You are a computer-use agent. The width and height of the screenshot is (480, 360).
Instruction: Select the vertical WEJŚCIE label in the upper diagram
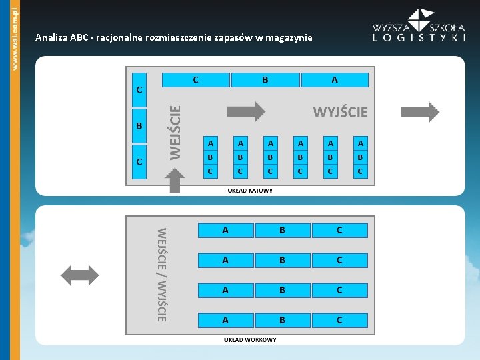tap(175, 133)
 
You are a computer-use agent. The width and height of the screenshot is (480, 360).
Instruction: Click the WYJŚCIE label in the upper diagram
tap(340, 111)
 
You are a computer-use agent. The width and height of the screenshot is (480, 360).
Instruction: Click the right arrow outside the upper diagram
tap(420, 112)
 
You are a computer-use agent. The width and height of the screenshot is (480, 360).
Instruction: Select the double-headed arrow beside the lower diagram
tap(79, 275)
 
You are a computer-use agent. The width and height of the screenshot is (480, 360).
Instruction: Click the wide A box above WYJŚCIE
tap(334, 80)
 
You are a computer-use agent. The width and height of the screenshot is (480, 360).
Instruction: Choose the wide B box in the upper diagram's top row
tap(265, 80)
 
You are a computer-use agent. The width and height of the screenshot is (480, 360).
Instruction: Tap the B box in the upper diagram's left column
tap(139, 126)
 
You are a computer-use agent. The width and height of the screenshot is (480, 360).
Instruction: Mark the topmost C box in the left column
tap(139, 89)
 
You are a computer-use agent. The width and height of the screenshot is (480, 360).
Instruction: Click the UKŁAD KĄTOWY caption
tap(250, 190)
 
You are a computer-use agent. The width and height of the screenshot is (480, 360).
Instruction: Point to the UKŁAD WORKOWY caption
tap(250, 339)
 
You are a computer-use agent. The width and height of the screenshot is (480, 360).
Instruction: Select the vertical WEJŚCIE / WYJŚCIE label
tap(161, 275)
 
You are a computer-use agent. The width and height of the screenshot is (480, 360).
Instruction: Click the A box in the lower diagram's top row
tap(225, 230)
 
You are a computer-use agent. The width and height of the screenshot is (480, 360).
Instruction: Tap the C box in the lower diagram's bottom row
tap(339, 320)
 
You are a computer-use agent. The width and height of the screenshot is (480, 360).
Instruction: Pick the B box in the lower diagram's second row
tap(282, 260)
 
